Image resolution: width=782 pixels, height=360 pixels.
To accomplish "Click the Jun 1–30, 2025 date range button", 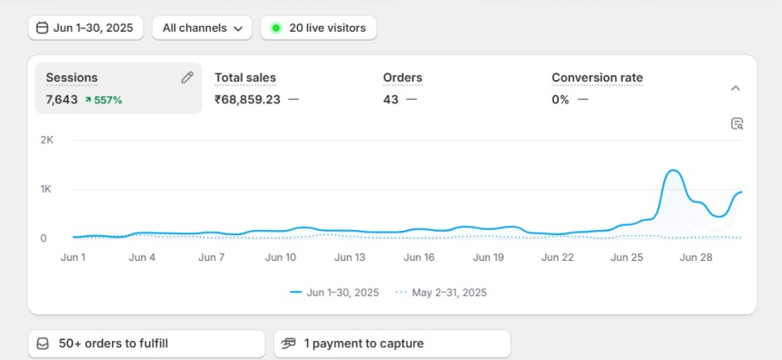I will (x=85, y=28).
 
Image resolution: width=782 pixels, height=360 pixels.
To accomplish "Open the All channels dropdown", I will (x=202, y=28).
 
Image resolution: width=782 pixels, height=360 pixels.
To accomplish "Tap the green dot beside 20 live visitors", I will (x=276, y=28).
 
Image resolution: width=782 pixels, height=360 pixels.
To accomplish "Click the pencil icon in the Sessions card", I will (x=187, y=78).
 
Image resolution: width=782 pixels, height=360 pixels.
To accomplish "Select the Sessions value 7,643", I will (x=62, y=100).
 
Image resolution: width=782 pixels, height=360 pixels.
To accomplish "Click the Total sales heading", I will (x=245, y=78).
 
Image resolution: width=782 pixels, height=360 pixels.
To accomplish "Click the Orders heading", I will (x=402, y=78).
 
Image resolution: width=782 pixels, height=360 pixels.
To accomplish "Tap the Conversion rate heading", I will (x=597, y=78).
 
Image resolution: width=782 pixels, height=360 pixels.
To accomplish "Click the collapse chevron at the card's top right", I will (x=735, y=88).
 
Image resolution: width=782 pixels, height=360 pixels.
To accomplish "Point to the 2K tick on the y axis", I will (x=47, y=140).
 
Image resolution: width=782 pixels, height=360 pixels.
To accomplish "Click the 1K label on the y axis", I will (x=47, y=189).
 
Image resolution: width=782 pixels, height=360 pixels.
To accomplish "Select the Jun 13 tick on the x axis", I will (x=350, y=257).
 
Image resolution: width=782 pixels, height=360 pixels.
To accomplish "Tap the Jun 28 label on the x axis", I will (x=696, y=257).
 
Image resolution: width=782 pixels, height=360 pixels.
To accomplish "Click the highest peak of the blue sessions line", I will (x=673, y=171).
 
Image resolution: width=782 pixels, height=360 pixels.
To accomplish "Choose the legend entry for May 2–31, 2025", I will (x=441, y=293).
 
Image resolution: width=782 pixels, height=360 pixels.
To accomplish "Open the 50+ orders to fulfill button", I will (x=146, y=344).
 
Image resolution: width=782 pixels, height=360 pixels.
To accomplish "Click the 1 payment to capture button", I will (x=392, y=344).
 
